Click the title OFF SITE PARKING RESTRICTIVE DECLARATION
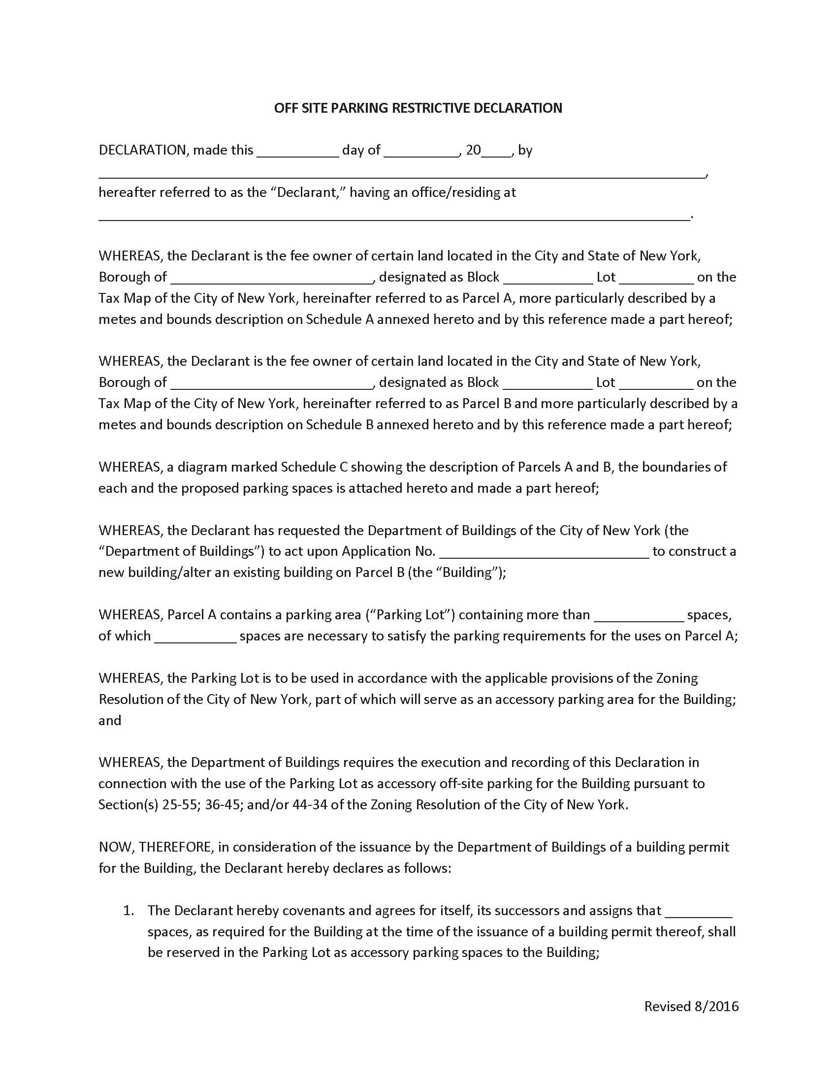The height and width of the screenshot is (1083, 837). pos(418,108)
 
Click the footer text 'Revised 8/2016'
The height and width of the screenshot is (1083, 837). pos(691,1006)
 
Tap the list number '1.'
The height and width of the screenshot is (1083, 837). pos(129,910)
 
